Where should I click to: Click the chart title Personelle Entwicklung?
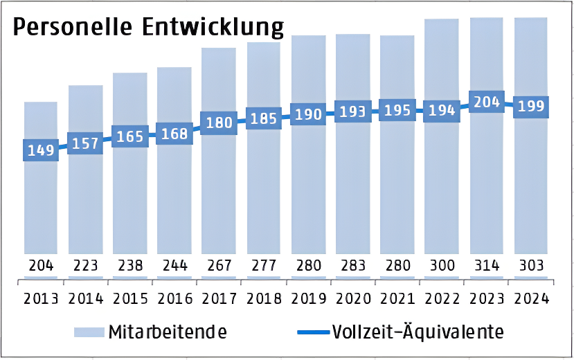148,27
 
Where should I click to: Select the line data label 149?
41,150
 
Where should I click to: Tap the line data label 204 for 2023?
486,102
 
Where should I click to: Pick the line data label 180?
219,123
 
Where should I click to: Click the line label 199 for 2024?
530,107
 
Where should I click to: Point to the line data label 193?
352,111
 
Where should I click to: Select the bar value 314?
486,265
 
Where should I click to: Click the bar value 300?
442,265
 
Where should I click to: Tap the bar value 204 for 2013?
41,265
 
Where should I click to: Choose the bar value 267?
219,265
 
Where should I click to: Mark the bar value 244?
174,265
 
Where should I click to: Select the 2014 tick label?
85,298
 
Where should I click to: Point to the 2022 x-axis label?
442,298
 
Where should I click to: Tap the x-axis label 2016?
174,298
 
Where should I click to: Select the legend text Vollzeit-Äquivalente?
418,332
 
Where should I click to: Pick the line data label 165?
130,136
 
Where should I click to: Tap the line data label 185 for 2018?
263,118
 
